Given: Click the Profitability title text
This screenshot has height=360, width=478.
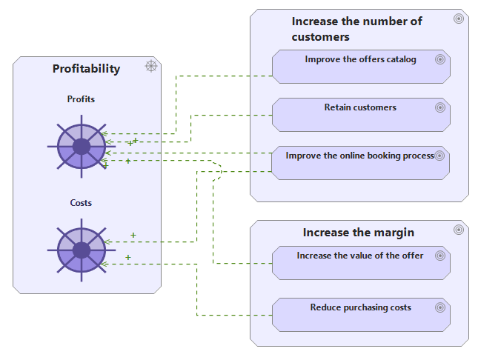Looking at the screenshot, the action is (x=86, y=69).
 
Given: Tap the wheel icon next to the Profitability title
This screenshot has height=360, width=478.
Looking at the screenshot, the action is (x=151, y=66).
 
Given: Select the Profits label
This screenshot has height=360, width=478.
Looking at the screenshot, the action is (x=81, y=99).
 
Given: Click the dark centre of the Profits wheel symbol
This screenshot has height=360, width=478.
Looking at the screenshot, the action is (x=82, y=147).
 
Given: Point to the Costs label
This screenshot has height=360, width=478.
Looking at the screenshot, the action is (x=81, y=203).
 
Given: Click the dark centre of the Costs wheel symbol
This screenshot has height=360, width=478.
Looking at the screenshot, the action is (x=82, y=250).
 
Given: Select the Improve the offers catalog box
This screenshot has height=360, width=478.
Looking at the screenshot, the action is (x=361, y=67).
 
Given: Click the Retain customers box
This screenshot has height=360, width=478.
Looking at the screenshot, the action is (x=361, y=115).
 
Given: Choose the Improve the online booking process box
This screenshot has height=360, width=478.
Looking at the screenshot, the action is (x=360, y=163).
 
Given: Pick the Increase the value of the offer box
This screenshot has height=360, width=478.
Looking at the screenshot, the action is (x=361, y=263).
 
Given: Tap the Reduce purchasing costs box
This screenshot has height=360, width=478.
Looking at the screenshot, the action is (x=361, y=315).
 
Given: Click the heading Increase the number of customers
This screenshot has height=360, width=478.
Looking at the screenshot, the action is (x=356, y=29).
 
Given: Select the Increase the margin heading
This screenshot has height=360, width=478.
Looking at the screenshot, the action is (x=359, y=233).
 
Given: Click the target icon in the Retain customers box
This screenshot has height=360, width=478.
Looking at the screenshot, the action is (x=440, y=107).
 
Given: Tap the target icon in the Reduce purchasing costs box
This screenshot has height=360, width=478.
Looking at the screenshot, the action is (x=440, y=307).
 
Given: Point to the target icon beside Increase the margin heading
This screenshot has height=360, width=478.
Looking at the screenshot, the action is (x=459, y=230).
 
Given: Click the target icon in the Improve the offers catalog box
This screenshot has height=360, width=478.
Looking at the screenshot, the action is (x=440, y=59).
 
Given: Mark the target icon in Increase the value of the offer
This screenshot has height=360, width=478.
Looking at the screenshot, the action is (x=440, y=256).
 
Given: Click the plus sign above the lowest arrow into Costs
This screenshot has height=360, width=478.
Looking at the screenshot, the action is (x=128, y=257).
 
